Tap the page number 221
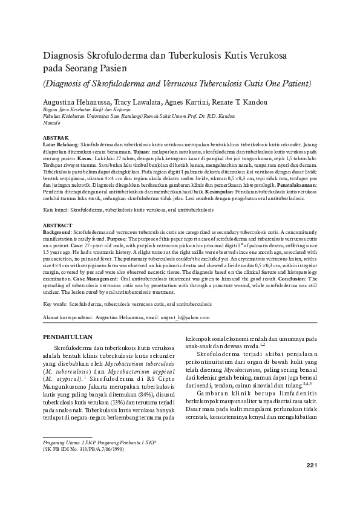(x=312, y=481)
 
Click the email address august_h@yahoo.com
(x=186, y=317)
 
